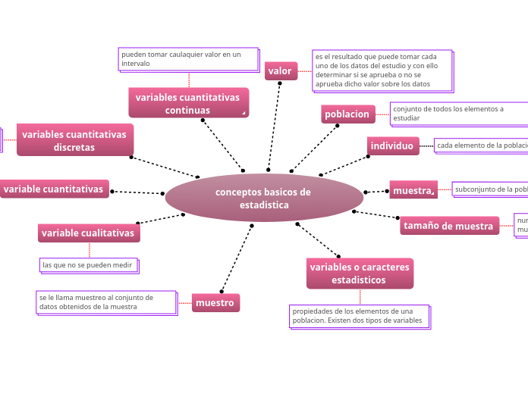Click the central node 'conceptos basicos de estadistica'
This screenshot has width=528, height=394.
(263, 198)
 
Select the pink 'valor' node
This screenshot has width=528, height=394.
(280, 71)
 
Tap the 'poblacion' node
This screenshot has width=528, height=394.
(347, 114)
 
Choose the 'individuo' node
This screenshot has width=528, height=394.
(392, 145)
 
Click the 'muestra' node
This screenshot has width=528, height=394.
(413, 190)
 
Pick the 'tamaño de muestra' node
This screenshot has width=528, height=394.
(448, 226)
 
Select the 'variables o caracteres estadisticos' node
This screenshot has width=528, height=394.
(360, 274)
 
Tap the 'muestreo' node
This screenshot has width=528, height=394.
(215, 303)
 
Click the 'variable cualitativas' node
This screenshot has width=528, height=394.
(88, 233)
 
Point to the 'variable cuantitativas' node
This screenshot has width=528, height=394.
(54, 189)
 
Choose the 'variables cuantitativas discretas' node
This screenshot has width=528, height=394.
(74, 140)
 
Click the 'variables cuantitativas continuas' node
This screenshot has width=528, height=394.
(187, 103)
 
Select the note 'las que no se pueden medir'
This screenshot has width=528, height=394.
(89, 265)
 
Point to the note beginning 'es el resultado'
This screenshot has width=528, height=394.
(382, 70)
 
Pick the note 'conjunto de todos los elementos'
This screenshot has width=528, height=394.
(458, 114)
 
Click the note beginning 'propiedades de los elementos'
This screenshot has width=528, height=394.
(359, 316)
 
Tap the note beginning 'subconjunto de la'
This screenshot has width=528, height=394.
(490, 189)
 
